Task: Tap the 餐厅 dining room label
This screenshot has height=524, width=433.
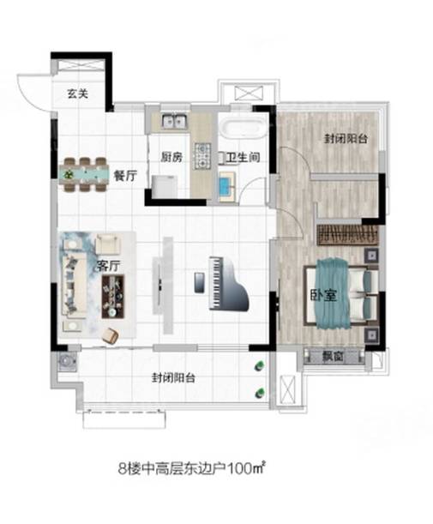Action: click(125, 175)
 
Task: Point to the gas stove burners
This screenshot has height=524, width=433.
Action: click(203, 155)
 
